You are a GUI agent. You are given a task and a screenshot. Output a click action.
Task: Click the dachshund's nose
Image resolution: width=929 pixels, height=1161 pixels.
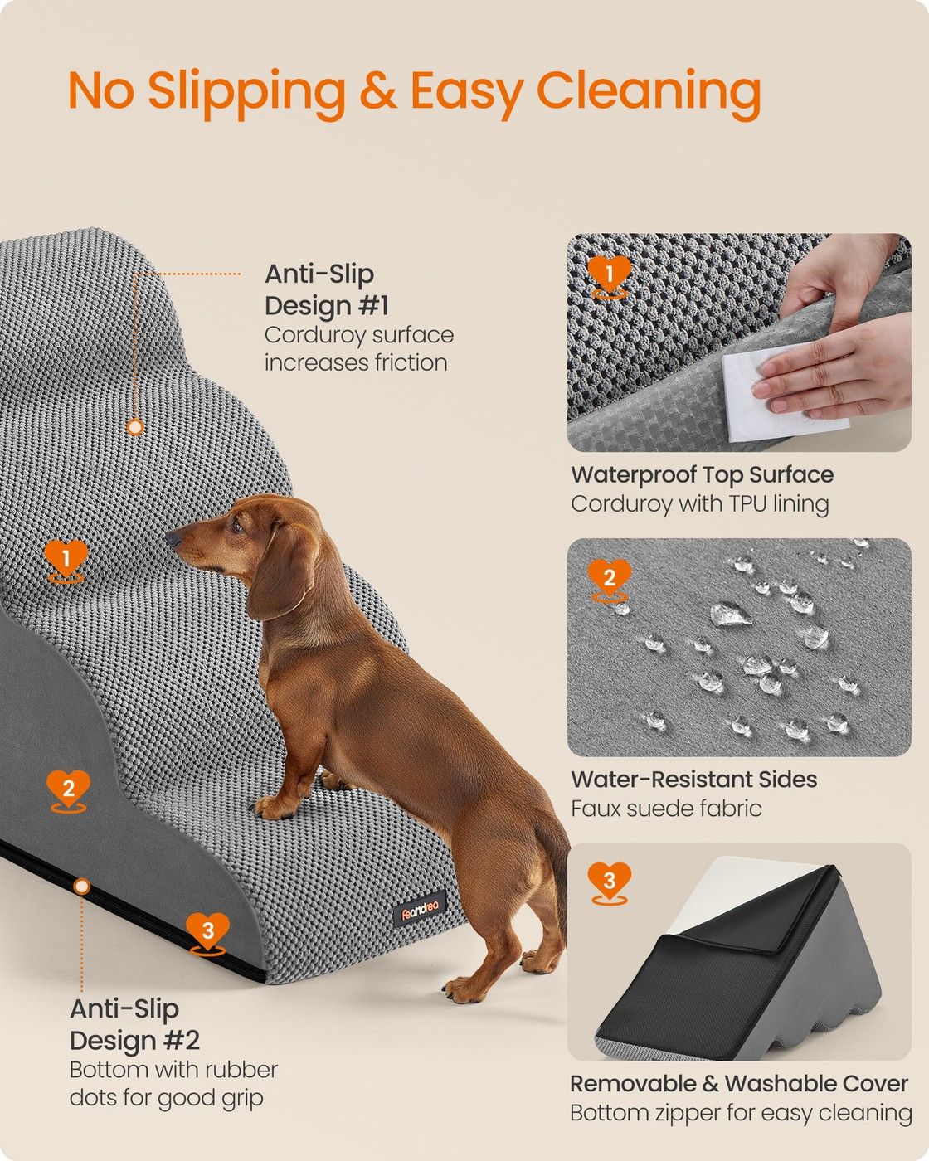point(173,538)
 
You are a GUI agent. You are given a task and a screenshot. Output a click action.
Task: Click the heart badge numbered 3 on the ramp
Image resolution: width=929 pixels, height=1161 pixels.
point(208,933)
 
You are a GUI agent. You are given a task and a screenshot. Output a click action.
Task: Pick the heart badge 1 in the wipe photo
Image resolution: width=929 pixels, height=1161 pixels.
point(610,276)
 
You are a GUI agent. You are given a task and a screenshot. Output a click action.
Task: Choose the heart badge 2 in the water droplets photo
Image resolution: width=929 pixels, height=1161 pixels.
point(610,580)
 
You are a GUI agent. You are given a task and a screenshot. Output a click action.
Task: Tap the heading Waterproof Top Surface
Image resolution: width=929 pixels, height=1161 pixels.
point(703,474)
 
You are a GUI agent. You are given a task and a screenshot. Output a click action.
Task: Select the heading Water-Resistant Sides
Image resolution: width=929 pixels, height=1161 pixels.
point(694,779)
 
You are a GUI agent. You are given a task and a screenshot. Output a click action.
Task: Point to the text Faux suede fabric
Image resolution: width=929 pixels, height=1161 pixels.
point(666,809)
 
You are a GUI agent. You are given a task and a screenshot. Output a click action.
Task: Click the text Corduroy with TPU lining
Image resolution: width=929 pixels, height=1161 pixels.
point(699,504)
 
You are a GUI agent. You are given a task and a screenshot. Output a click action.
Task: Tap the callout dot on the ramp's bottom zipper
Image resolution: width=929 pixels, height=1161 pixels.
point(81,886)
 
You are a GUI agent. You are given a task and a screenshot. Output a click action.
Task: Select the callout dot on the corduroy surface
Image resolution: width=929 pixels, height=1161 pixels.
point(135,427)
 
